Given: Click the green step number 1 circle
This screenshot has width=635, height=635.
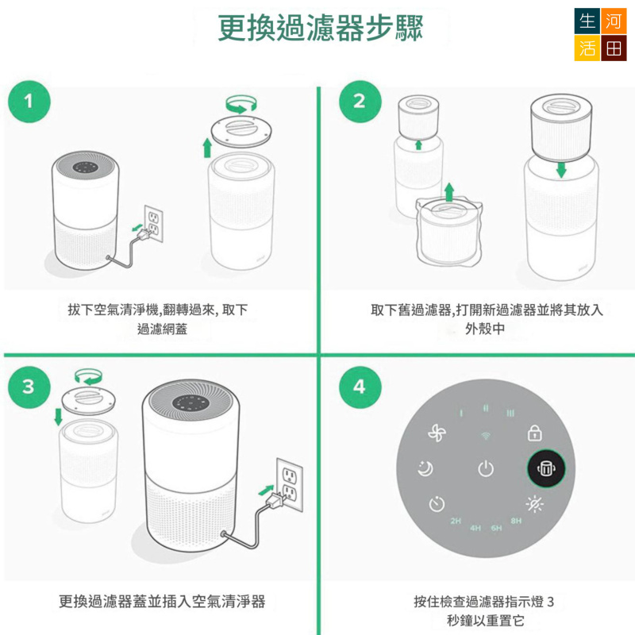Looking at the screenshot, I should click(x=29, y=102).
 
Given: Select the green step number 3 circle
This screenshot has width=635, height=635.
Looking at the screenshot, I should click(x=29, y=387).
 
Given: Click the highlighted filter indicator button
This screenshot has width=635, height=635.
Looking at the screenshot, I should click(x=548, y=469).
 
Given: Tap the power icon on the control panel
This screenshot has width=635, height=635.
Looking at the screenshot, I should click(x=486, y=469).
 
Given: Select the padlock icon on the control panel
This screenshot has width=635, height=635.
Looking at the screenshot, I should click(x=534, y=433).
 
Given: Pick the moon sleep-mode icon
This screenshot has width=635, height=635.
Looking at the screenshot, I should click(x=425, y=469).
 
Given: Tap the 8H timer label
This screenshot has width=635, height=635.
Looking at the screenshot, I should click(x=517, y=521).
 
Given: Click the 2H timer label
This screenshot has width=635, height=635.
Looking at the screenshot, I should click(x=456, y=521).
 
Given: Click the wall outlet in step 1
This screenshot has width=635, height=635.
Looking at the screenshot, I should click(x=152, y=224).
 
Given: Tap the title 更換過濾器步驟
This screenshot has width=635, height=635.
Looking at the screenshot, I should click(x=321, y=29).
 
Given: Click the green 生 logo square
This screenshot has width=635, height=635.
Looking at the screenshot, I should click(x=588, y=21).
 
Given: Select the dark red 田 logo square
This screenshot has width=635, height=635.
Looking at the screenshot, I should click(x=614, y=48).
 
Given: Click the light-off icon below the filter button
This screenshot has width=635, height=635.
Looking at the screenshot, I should click(x=534, y=504).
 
